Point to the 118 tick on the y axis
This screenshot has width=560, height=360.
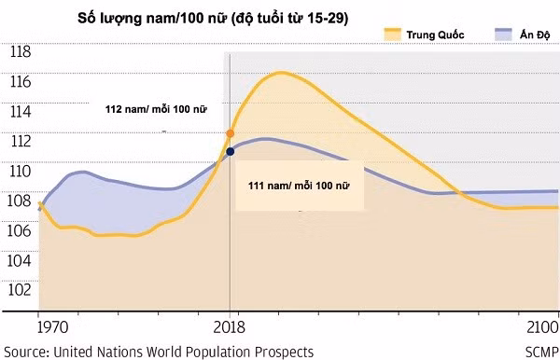tap(20, 52)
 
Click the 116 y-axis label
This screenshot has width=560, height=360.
tap(20, 82)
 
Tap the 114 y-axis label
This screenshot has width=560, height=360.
tap(20, 112)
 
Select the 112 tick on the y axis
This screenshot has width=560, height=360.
tap(20, 142)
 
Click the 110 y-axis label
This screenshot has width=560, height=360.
tap(20, 171)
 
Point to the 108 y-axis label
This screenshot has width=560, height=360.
tap(20, 201)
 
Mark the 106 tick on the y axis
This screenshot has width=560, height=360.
tap(20, 230)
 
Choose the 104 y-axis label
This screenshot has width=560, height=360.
tap(20, 260)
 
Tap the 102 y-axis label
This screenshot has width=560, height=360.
tap(20, 290)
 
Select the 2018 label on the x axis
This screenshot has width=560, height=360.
tap(229, 330)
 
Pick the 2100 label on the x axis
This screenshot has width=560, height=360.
tap(541, 330)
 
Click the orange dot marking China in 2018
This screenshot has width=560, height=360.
tap(230, 134)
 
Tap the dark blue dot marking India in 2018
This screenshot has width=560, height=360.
tap(230, 151)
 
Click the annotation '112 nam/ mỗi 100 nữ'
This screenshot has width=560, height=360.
tap(155, 109)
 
